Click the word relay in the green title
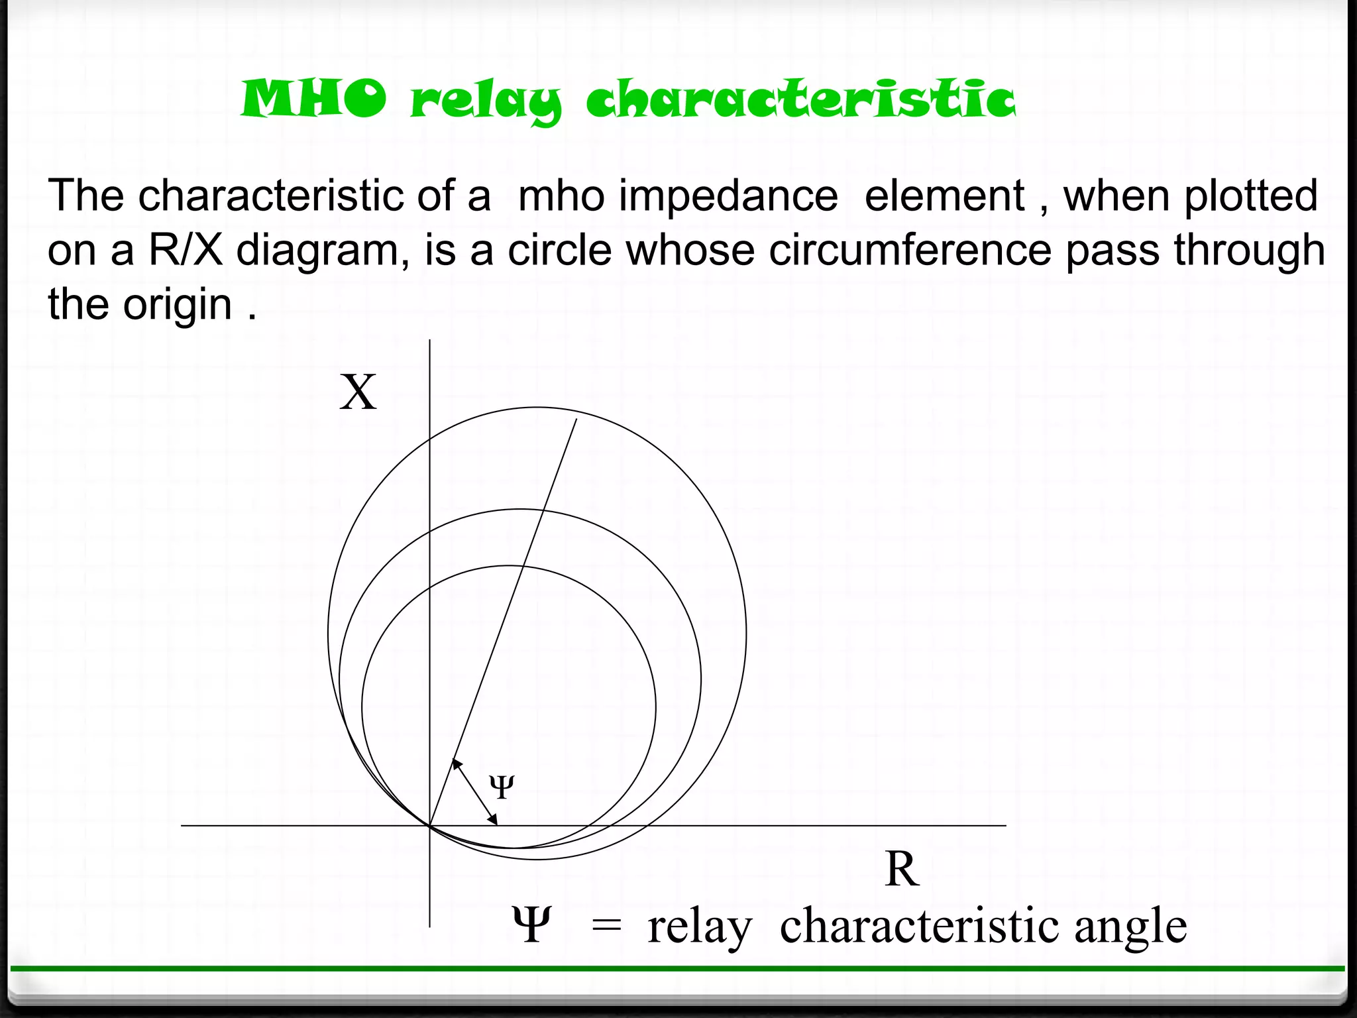tap(486, 103)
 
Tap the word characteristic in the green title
tap(800, 101)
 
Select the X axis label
tap(358, 392)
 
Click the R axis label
tap(902, 869)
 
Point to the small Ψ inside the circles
tap(502, 787)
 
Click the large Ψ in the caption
tap(531, 925)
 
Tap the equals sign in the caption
tap(606, 927)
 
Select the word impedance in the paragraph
tap(728, 196)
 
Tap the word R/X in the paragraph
tap(186, 251)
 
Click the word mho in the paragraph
tap(561, 196)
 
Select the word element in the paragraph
tap(944, 196)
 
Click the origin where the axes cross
tap(430, 826)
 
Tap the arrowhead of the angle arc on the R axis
tap(494, 821)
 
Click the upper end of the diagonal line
tap(576, 420)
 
